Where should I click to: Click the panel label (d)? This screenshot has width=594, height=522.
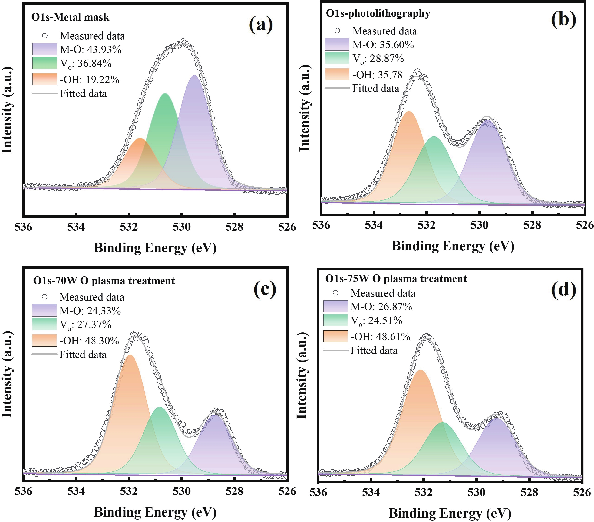click(563, 290)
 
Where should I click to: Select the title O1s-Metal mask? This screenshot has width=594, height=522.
click(70, 17)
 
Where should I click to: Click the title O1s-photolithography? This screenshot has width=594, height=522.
click(378, 13)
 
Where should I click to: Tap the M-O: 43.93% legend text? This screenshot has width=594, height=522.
click(90, 50)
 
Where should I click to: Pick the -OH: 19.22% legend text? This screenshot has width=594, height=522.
click(90, 80)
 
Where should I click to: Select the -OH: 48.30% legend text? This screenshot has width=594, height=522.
click(89, 341)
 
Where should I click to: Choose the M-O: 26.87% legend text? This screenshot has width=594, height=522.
click(381, 307)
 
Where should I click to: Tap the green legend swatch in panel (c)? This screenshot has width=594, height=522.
click(44, 324)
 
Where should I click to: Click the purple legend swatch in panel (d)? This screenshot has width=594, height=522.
click(335, 306)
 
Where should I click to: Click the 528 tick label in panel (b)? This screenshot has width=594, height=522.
click(532, 225)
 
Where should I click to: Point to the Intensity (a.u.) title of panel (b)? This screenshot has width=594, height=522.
click(304, 108)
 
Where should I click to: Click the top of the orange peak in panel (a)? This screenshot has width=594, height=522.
click(140, 139)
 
